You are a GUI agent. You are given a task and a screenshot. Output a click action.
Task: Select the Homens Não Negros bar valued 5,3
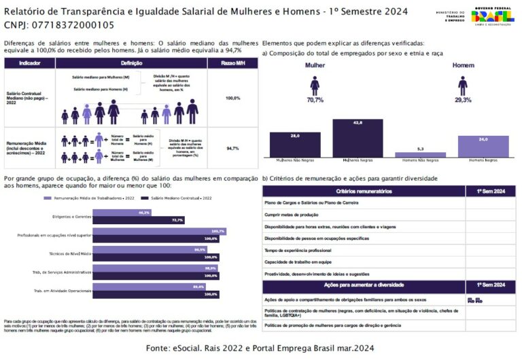(420, 155)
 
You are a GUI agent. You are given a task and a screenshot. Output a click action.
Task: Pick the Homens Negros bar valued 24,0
(483, 147)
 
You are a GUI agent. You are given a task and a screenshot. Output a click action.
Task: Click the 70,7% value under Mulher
(315, 100)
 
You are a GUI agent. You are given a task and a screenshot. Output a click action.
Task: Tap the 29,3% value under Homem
(463, 100)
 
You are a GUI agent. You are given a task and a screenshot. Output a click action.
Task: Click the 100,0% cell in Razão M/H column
(233, 98)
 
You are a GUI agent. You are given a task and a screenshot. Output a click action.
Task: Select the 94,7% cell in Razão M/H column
(233, 148)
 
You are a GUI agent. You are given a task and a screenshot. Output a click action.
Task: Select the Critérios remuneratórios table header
(364, 192)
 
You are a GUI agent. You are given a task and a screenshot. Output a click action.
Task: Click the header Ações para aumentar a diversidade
(364, 285)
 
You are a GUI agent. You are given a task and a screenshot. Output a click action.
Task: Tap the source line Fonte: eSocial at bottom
(260, 348)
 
